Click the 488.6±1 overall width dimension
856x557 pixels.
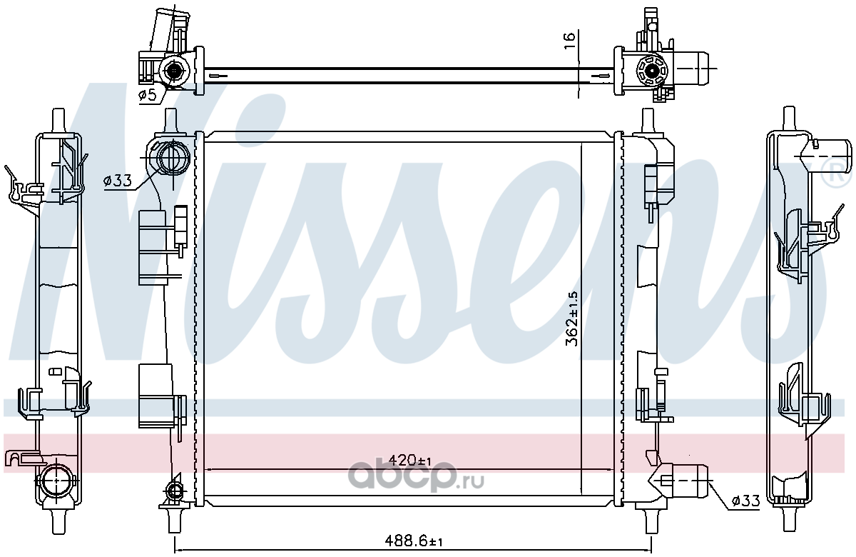pyautogui.click(x=414, y=541)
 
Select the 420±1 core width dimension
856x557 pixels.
pyautogui.click(x=409, y=460)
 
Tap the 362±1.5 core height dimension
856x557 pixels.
pyautogui.click(x=572, y=318)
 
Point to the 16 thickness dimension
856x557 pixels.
pyautogui.click(x=569, y=40)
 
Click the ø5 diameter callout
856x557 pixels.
pyautogui.click(x=147, y=95)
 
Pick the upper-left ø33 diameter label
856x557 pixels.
pyautogui.click(x=117, y=180)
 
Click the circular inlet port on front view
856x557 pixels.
pyautogui.click(x=174, y=157)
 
